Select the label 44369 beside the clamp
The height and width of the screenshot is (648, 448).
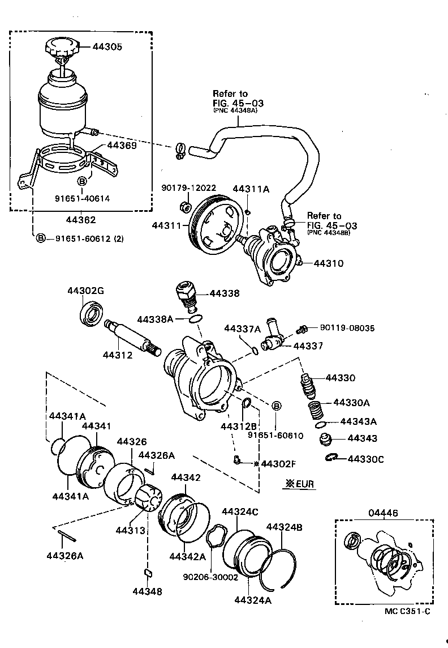tap(122, 146)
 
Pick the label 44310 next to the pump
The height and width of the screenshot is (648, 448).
tap(328, 263)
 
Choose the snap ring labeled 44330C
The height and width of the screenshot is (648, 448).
tap(333, 458)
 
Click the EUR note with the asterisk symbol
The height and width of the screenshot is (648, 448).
tap(299, 484)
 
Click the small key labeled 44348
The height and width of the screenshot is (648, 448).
tap(148, 573)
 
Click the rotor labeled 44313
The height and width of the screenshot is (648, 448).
tap(148, 497)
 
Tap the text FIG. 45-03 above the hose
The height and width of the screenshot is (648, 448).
tap(238, 103)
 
